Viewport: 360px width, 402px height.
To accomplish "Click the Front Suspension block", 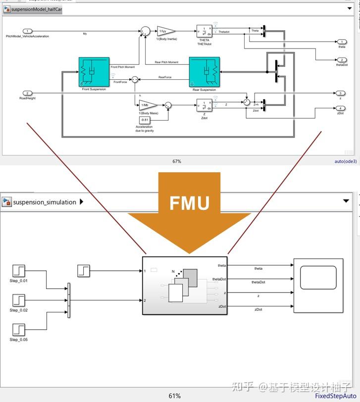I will pos(94,72).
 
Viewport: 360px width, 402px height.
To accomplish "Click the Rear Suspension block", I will pos(204,72).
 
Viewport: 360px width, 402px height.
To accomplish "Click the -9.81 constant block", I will pos(145,120).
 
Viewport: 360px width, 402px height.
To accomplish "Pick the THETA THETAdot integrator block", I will pos(204,31).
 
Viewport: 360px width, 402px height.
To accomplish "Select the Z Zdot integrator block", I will pos(204,105).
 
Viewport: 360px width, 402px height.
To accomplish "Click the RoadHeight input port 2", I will pos(28,93).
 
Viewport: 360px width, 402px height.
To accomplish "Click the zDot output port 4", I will pos(342,108).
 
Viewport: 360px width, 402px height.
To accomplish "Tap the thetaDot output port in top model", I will pos(342,59).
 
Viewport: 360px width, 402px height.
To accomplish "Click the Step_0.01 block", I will pos(18,271).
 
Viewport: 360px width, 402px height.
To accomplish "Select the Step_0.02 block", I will pos(18,300).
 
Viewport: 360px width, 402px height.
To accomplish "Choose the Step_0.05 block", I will pos(18,329).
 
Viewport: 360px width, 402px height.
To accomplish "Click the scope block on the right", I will pos(318,285).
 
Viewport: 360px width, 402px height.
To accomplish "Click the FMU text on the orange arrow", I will pos(189,202).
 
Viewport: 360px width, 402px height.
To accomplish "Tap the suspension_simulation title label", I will pos(45,202).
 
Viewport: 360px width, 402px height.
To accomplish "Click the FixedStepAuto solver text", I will pos(336,396).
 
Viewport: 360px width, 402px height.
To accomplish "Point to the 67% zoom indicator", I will pos(177,161).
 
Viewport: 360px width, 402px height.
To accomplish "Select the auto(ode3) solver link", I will pos(345,161).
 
